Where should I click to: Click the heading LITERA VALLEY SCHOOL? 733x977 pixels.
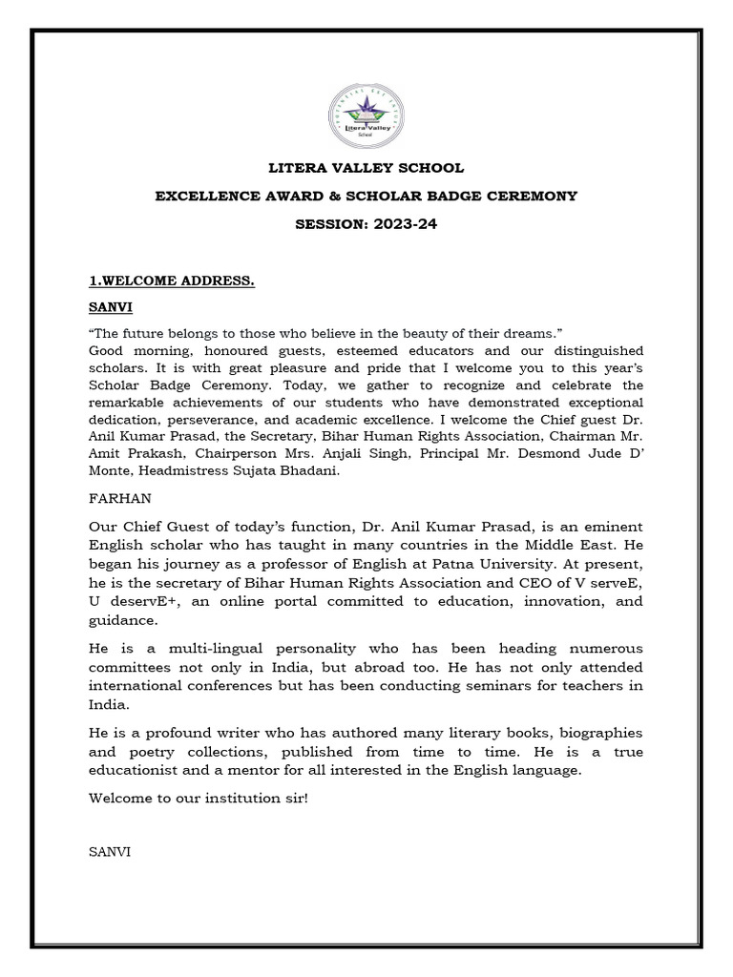click(x=366, y=168)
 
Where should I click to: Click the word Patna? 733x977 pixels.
click(x=444, y=563)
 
